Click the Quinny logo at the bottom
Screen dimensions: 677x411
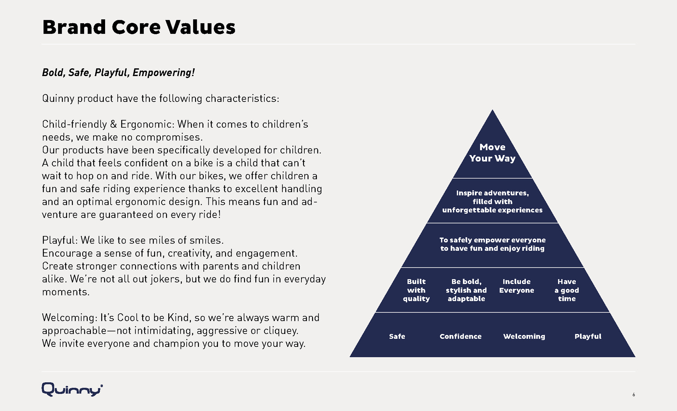[72, 389]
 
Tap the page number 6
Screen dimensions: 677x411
[634, 394]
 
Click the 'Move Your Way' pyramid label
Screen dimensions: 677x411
[492, 153]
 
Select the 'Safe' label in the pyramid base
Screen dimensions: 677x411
[397, 336]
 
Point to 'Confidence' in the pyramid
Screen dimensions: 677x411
[461, 336]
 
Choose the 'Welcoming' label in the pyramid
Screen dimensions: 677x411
[524, 336]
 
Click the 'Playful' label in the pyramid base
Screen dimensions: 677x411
[588, 336]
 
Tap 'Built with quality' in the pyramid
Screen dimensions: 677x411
[416, 290]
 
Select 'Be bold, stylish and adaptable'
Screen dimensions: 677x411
[466, 290]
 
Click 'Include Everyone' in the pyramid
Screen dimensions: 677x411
[517, 286]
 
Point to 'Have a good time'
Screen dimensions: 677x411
[567, 290]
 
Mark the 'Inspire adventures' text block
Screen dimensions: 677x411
[492, 201]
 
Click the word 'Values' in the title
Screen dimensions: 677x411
[201, 27]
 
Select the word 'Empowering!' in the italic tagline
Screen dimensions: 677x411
[164, 73]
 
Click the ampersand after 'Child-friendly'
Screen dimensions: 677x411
[113, 124]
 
